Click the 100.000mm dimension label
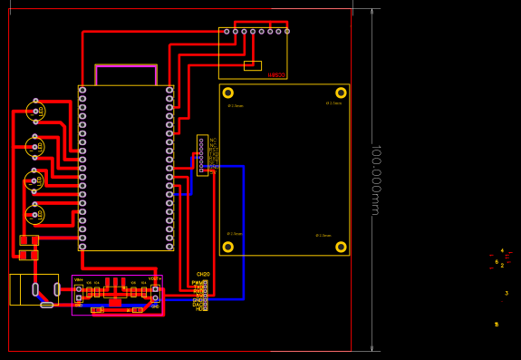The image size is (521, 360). pyautogui.click(x=374, y=180)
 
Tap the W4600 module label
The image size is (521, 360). pyautogui.click(x=275, y=75)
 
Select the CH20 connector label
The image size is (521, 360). pyautogui.click(x=203, y=274)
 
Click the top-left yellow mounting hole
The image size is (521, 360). pyautogui.click(x=228, y=92)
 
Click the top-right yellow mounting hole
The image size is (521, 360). pyautogui.click(x=341, y=92)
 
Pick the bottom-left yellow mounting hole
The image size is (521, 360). pyautogui.click(x=228, y=247)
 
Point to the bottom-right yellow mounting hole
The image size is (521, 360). pyautogui.click(x=341, y=247)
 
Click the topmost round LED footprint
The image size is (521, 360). pyautogui.click(x=35, y=112)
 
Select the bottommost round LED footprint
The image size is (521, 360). pyautogui.click(x=35, y=215)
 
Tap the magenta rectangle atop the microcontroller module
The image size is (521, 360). pyautogui.click(x=126, y=74)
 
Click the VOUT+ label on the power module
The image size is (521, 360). pyautogui.click(x=154, y=279)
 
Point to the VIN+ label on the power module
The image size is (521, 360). pyautogui.click(x=79, y=279)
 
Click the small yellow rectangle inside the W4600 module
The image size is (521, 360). pyautogui.click(x=253, y=65)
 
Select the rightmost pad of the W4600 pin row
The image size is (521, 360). pyautogui.click(x=287, y=32)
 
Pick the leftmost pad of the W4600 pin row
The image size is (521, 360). pyautogui.click(x=227, y=32)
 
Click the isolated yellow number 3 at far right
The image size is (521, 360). pyautogui.click(x=507, y=293)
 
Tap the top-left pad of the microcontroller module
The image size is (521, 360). pyautogui.click(x=82, y=90)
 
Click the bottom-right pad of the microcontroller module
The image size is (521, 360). pyautogui.click(x=169, y=246)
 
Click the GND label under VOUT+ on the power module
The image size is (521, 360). pyautogui.click(x=155, y=306)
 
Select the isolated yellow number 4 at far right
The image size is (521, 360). pyautogui.click(x=502, y=251)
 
